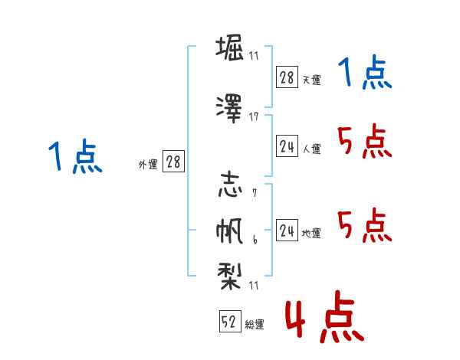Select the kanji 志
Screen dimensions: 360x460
(x=229, y=187)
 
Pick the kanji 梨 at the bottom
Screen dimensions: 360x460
(x=229, y=274)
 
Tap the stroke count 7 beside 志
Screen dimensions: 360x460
(x=254, y=193)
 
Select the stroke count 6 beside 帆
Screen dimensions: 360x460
(x=254, y=241)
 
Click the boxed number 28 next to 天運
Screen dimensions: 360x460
(x=287, y=77)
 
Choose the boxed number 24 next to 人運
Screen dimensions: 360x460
(x=287, y=147)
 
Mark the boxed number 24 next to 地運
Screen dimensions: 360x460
(x=287, y=231)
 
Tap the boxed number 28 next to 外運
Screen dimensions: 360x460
(x=173, y=162)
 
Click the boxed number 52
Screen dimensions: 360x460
(x=229, y=322)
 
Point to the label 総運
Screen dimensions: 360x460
(x=255, y=325)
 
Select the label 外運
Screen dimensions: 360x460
(x=147, y=164)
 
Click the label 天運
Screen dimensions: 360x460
(x=311, y=80)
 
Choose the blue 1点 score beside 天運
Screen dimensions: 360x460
(x=365, y=74)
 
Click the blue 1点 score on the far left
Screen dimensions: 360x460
(x=74, y=158)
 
